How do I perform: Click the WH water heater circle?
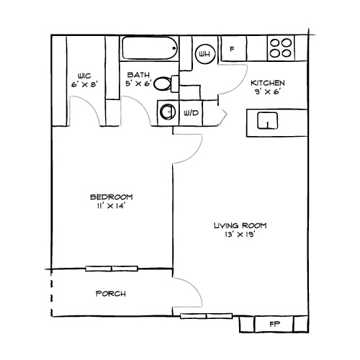[x=204, y=53]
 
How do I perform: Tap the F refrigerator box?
[x=232, y=50]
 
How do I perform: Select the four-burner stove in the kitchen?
[x=281, y=48]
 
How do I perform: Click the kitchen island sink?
[x=267, y=122]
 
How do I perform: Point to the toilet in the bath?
[x=165, y=84]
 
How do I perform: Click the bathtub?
[x=149, y=49]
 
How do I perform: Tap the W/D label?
[x=191, y=113]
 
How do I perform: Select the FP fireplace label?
[x=274, y=323]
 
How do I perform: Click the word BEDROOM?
[x=111, y=197]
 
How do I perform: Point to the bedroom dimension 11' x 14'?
[x=111, y=207]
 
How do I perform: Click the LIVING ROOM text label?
[x=235, y=225]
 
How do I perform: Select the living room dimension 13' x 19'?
[x=235, y=235]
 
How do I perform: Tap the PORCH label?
[x=111, y=294]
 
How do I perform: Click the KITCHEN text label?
[x=267, y=83]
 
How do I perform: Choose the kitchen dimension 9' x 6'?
[x=267, y=92]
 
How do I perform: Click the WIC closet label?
[x=85, y=75]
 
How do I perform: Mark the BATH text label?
[x=138, y=75]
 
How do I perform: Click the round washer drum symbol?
[x=168, y=112]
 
